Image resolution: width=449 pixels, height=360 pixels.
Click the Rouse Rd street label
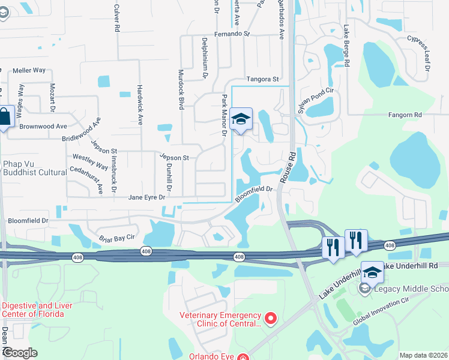tap(288, 163)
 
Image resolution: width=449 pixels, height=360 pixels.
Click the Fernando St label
tap(231, 34)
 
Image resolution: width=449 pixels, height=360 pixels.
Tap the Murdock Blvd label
tap(181, 89)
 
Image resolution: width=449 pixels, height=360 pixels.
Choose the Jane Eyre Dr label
tap(148, 197)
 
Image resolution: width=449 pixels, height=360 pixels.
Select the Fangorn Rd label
tap(405, 114)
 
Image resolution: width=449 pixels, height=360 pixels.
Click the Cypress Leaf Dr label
tap(419, 53)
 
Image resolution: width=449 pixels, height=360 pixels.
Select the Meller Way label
tap(29, 70)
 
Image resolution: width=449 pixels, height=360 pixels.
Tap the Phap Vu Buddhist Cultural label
tap(34, 168)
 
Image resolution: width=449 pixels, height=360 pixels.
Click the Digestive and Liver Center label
tap(37, 310)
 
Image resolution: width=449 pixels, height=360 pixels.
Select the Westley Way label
tap(90, 161)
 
